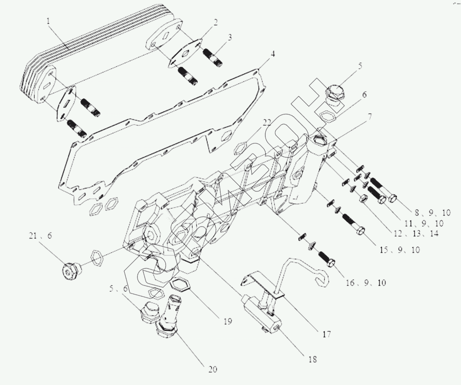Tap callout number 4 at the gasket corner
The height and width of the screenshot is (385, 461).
[x=272, y=54]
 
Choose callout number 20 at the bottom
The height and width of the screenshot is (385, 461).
[x=213, y=369]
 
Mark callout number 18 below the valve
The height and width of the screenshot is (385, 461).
[x=312, y=359]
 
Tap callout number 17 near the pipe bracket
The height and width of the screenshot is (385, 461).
[x=326, y=334]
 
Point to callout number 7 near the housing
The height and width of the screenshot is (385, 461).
[x=369, y=116]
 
